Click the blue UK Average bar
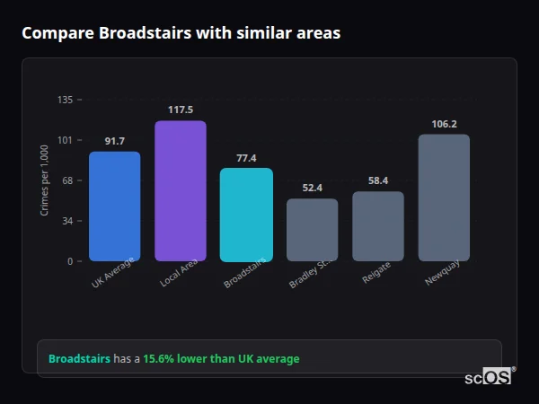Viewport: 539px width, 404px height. coord(114,206)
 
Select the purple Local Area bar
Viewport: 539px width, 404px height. coord(181,191)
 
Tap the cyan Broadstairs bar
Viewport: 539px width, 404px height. coord(246,215)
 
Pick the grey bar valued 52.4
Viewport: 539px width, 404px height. coord(312,230)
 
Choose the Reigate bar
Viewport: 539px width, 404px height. coord(377,226)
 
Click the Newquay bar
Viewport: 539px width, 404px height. coord(444,198)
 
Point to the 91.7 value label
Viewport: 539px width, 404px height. coord(114,141)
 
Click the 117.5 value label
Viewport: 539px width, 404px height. coord(181,110)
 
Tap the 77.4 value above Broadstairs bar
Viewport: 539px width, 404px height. coord(246,158)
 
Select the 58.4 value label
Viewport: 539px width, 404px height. coord(377,180)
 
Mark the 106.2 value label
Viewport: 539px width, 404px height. coord(444,124)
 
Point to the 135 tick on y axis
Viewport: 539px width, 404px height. coord(65,100)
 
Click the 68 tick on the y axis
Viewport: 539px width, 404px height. coord(67,180)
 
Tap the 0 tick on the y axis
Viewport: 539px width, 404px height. coord(69,261)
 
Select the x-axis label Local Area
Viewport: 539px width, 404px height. coord(180,273)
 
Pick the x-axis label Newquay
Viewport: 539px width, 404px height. coord(443,273)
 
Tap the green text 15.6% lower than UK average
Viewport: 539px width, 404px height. coord(221,359)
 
